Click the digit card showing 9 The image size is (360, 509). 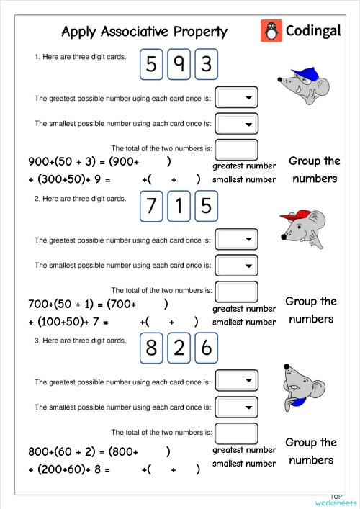179,66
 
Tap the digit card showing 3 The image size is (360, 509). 206,66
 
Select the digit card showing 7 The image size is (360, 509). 151,207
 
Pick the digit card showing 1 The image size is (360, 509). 179,207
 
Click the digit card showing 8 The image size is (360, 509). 151,348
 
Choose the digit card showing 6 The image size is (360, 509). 206,348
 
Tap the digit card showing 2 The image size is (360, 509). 179,348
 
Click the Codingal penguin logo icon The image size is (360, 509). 271,31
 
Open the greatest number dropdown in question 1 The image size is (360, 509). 237,97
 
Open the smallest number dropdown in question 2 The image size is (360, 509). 237,265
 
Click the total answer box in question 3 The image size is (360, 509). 237,433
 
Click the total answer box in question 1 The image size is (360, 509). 237,149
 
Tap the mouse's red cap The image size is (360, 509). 292,216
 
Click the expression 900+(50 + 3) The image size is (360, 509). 66,162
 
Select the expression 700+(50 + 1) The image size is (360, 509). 64,304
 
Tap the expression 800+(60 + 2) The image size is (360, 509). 66,452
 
